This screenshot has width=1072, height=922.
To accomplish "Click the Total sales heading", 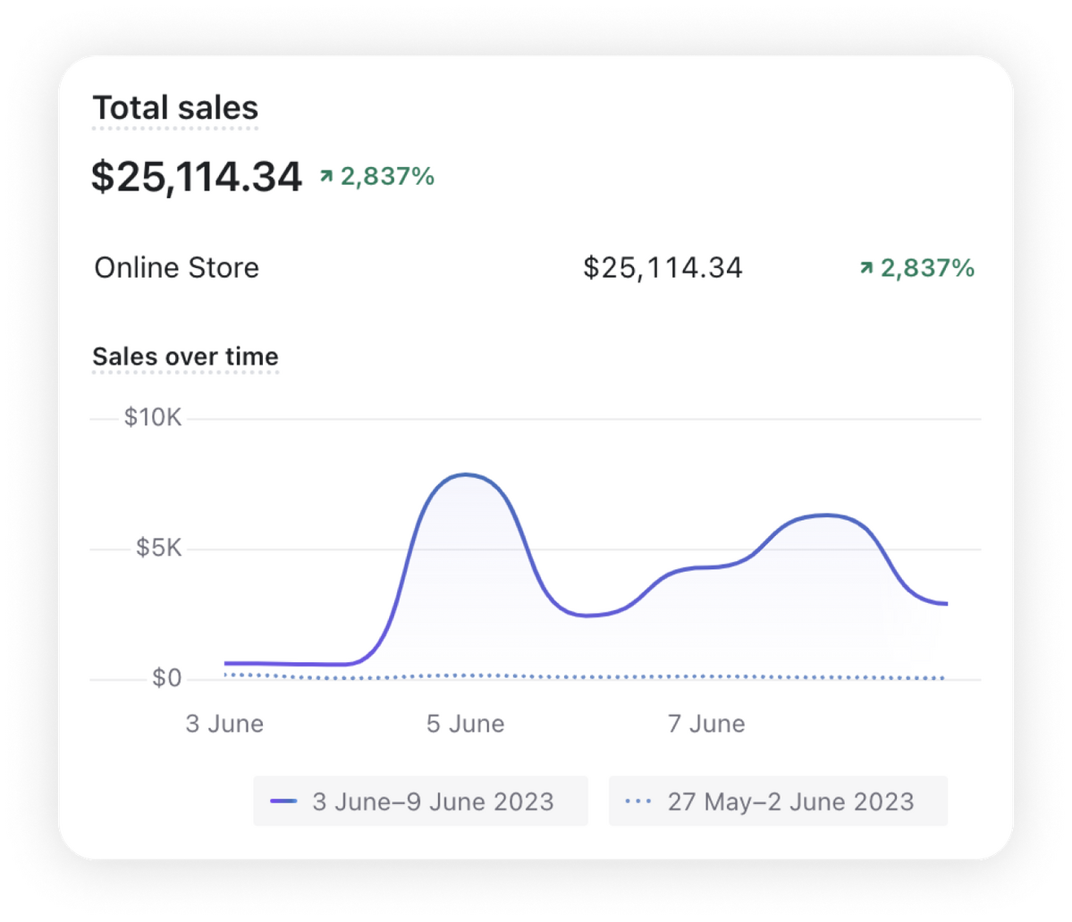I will point(175,109).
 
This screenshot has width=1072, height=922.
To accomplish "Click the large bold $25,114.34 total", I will point(197,177).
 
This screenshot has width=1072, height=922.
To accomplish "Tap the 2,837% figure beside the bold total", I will point(387,177).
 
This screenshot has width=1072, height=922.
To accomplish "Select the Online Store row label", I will point(176,268).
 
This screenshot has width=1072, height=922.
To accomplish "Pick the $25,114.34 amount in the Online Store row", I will point(663,268).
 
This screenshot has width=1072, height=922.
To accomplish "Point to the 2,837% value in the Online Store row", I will point(927,268).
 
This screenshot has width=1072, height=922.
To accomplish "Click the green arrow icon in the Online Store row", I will point(865,267).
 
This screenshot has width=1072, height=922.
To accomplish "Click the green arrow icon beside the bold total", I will point(325,177).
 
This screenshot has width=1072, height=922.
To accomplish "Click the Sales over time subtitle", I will point(186,356).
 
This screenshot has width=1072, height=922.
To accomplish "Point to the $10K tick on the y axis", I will point(153,418).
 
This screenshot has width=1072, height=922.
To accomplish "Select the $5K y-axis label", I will point(158,549).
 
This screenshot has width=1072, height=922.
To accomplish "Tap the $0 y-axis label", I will point(166,679).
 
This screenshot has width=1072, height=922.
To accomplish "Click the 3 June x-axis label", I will point(224,724).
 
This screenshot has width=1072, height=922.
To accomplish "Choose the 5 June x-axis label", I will point(465,724).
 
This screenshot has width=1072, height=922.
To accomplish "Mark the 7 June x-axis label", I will point(706,724).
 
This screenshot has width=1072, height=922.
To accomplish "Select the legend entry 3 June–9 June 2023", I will point(433,801).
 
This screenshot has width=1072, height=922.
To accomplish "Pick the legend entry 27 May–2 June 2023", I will point(790,801).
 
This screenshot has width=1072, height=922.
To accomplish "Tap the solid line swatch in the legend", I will point(283,801).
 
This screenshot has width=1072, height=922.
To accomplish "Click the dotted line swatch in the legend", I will point(637,801).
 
